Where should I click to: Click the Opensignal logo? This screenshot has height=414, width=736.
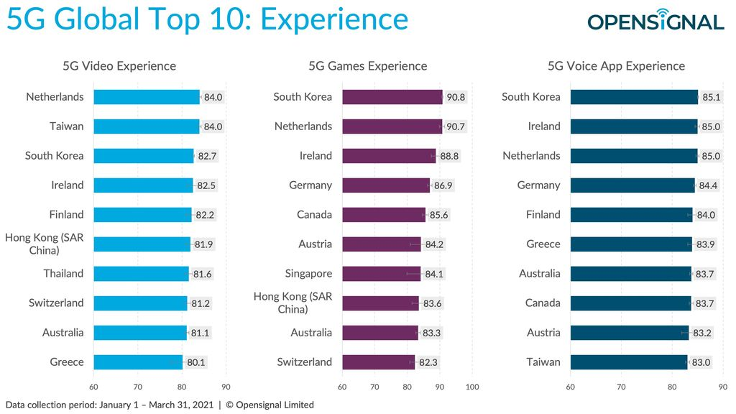(x=655, y=21)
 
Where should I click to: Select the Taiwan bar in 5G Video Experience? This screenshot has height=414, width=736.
(x=146, y=126)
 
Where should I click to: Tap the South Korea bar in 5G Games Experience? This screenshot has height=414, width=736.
(x=392, y=97)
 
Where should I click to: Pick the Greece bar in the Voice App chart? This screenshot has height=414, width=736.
(x=630, y=244)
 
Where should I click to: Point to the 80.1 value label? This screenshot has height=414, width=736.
(x=196, y=362)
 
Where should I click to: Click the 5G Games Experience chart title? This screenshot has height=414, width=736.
(x=367, y=66)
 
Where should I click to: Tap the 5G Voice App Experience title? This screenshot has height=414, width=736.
(x=616, y=66)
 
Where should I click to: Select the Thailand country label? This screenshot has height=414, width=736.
(x=63, y=274)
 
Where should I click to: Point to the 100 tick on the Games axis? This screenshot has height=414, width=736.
(x=472, y=387)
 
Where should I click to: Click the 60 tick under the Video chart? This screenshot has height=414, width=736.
(x=93, y=387)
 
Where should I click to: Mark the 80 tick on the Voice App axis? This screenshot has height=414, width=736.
(x=672, y=387)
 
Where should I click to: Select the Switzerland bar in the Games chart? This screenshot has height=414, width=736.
(x=378, y=362)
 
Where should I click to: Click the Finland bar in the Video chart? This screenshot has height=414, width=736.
(x=142, y=215)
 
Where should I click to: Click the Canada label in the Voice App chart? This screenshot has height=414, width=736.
(x=543, y=303)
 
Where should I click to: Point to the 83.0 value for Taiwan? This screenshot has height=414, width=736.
(x=700, y=362)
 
